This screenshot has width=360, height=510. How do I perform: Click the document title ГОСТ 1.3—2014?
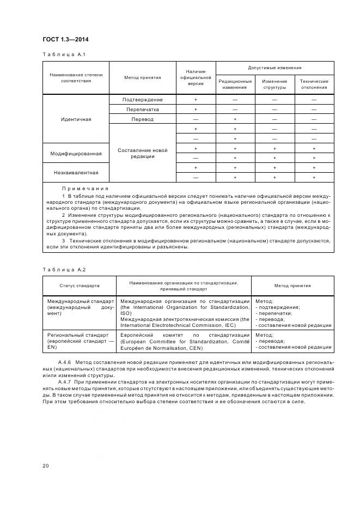click(65, 39)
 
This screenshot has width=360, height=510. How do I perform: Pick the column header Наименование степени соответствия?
click(76, 77)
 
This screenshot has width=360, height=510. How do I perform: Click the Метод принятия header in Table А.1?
click(142, 77)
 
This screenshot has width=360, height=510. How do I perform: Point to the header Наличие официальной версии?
click(196, 77)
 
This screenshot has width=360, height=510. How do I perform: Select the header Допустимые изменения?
click(274, 68)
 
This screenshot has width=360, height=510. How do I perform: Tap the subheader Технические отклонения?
click(314, 84)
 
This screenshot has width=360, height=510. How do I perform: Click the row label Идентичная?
click(76, 119)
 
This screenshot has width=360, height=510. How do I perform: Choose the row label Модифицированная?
click(76, 153)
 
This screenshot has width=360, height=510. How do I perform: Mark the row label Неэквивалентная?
click(76, 172)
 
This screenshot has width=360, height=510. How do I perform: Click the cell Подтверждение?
click(142, 100)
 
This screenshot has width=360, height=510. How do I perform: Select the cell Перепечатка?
click(142, 110)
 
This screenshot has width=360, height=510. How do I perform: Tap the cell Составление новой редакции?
click(142, 153)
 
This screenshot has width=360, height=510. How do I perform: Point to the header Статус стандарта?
click(80, 285)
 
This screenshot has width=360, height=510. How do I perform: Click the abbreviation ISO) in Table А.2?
click(126, 313)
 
